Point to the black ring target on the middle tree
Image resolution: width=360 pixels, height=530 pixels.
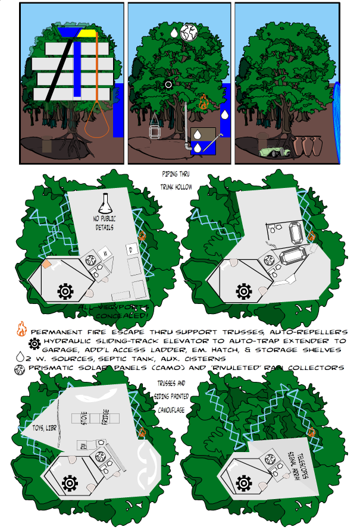[x=168, y=84]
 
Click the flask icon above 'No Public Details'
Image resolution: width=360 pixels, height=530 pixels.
[x=105, y=206]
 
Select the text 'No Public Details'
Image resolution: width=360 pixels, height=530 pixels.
[x=105, y=224]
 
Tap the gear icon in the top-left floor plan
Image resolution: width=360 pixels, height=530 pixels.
[x=65, y=291]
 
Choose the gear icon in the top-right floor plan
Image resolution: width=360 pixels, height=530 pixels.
[x=243, y=291]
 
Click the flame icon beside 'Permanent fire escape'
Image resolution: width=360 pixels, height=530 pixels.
[x=21, y=329]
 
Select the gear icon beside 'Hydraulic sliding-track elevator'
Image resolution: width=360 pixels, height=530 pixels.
[x=35, y=342]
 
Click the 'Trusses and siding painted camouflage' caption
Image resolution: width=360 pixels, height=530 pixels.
[x=174, y=397]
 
